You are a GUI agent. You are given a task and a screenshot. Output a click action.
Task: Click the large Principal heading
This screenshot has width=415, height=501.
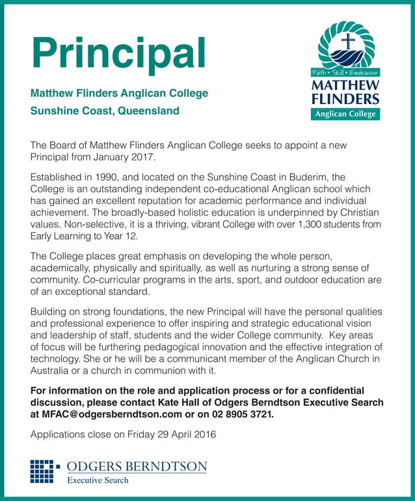[119, 50]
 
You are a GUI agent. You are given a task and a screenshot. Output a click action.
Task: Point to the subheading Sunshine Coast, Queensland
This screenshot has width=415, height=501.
[105, 110]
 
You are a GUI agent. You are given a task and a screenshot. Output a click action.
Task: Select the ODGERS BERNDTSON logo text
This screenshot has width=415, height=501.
[137, 467]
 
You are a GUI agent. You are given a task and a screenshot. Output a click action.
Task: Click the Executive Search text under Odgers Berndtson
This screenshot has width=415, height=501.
[98, 480]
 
